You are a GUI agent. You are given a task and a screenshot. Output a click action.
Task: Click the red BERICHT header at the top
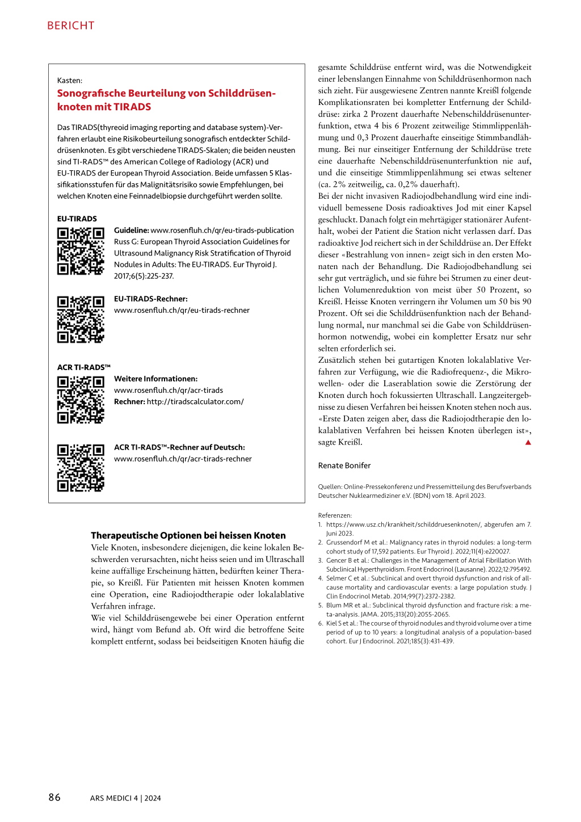click(71, 26)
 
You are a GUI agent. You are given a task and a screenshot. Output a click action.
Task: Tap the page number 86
click(54, 797)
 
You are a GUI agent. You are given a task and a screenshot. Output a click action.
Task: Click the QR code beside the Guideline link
click(81, 251)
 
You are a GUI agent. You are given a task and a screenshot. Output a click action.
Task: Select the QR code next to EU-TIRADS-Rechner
click(81, 320)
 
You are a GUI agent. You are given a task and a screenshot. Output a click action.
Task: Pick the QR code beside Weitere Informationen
click(81, 400)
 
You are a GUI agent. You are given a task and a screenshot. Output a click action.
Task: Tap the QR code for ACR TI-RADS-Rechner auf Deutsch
click(81, 468)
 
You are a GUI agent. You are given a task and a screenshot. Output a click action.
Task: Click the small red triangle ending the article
click(528, 442)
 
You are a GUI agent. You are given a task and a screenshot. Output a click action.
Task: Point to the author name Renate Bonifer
click(344, 465)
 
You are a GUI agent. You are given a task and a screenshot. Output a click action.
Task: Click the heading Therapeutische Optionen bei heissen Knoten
click(188, 535)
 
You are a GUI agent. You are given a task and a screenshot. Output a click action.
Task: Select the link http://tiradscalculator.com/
click(195, 401)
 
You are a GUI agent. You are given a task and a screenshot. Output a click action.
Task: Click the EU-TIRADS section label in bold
click(77, 219)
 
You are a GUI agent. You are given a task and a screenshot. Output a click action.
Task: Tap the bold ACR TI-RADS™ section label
click(84, 367)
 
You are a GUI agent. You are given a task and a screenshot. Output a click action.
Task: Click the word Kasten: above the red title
click(70, 81)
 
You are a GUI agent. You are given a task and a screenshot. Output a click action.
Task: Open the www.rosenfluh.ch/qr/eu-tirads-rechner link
click(182, 310)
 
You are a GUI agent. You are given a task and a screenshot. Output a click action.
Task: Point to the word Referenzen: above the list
click(335, 515)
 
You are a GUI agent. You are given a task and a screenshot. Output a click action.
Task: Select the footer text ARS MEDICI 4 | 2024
click(125, 798)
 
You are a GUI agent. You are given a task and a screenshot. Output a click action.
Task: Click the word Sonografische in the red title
click(91, 93)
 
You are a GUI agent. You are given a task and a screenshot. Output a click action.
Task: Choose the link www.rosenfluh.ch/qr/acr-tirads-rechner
click(183, 459)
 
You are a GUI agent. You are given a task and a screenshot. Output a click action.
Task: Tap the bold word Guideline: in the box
click(132, 230)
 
